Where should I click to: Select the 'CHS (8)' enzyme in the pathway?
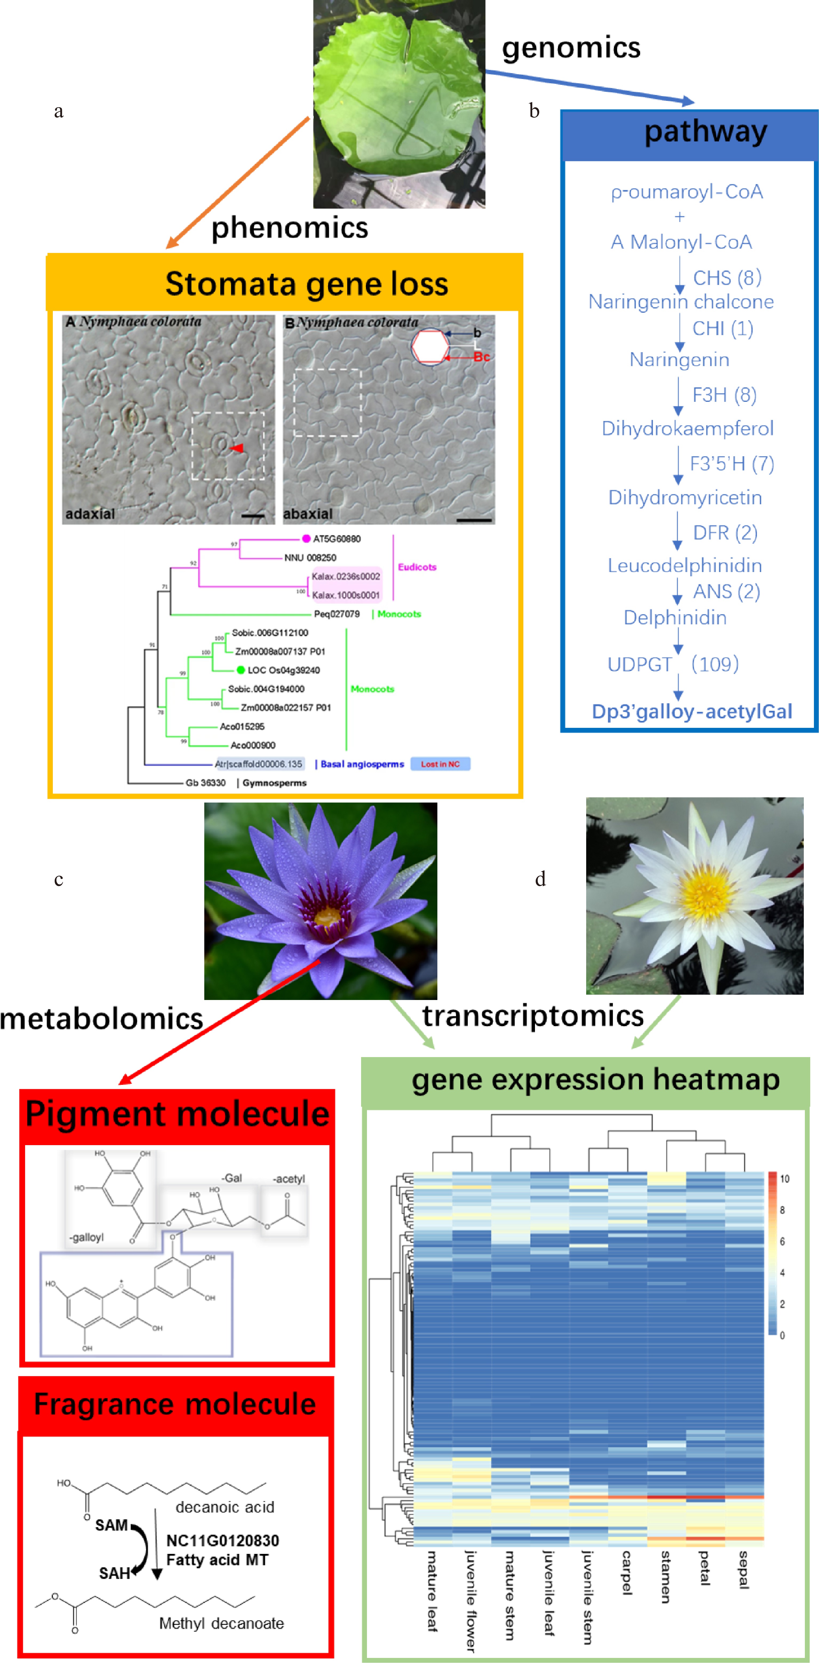tap(727, 277)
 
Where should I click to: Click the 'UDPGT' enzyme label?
tap(639, 664)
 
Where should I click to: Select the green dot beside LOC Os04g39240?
tap(241, 670)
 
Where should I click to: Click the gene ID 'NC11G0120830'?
tap(223, 1541)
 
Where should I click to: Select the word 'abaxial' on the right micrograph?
tap(308, 514)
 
